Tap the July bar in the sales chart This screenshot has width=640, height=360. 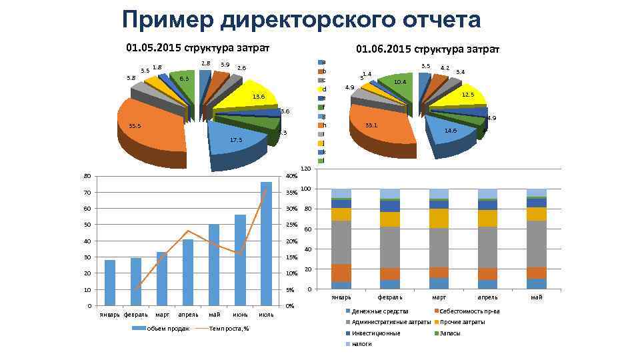266,243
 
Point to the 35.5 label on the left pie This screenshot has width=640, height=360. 135,125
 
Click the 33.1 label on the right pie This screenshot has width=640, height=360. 372,125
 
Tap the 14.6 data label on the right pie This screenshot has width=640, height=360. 451,131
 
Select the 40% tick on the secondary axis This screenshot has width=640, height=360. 291,177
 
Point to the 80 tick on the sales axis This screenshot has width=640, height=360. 87,177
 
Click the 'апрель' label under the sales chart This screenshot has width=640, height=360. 188,314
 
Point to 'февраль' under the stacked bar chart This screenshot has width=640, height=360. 390,297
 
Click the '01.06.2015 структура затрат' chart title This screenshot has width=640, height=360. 427,49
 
